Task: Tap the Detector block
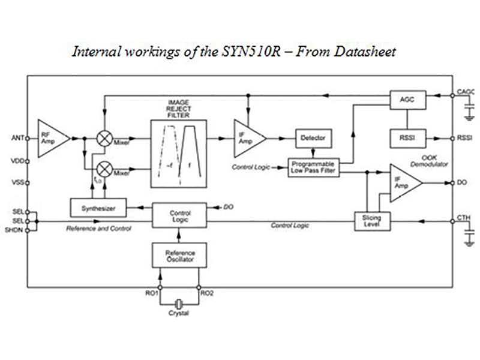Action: tap(312, 138)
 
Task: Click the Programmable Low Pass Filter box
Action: tap(314, 167)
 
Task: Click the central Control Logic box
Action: tap(180, 215)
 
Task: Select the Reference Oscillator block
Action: tap(180, 256)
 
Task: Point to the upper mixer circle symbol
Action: tap(105, 139)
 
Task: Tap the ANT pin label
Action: tap(17, 138)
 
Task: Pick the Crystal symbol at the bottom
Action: tap(178, 304)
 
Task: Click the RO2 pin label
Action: tap(208, 294)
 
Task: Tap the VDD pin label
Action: tap(16, 161)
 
